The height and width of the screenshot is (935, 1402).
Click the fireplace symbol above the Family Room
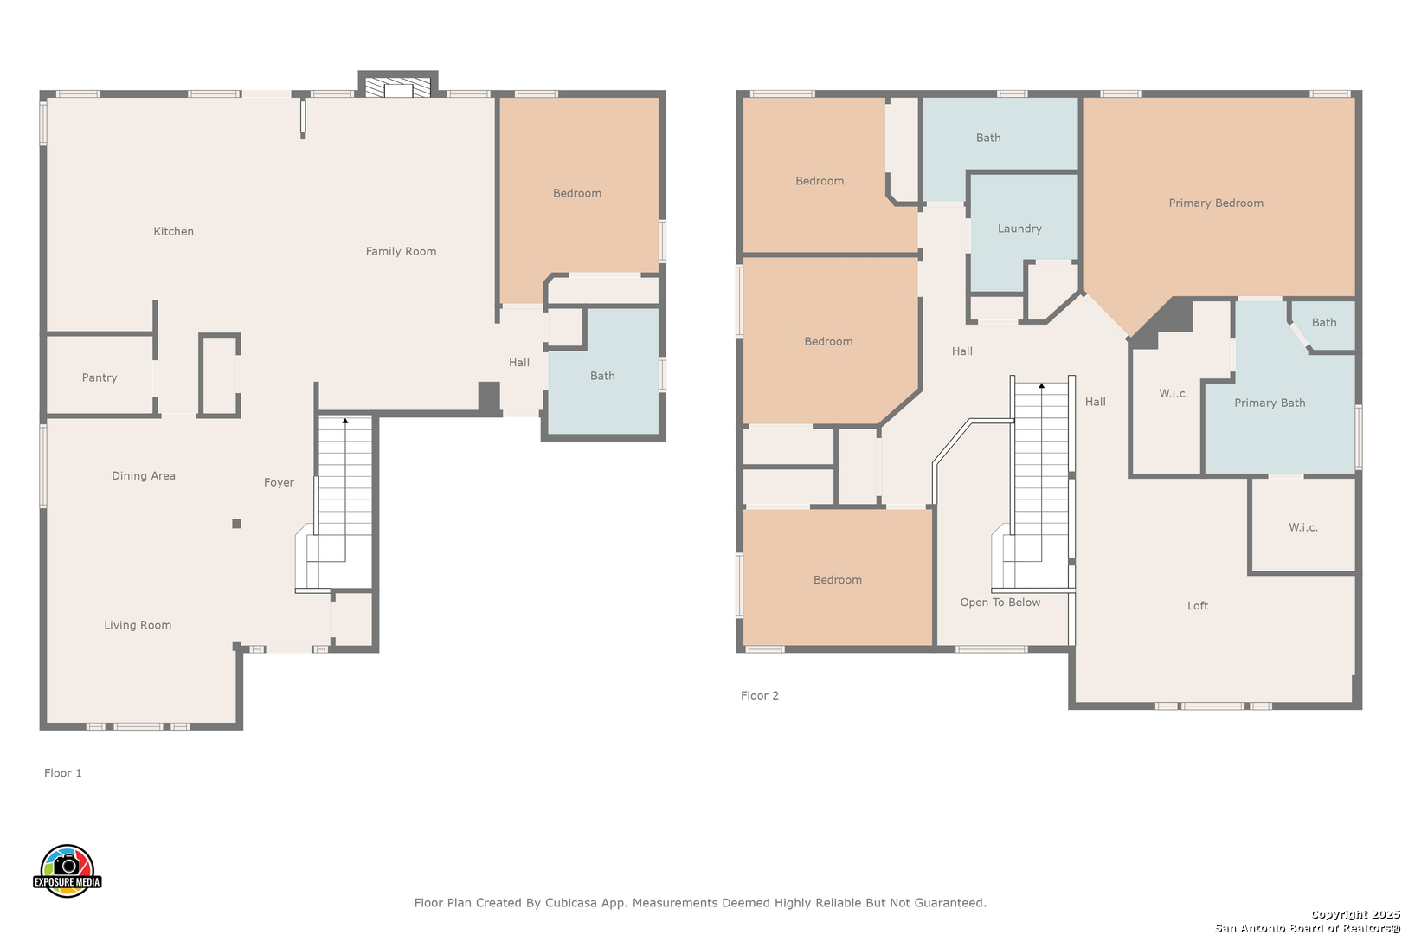point(398,87)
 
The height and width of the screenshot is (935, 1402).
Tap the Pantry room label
point(100,377)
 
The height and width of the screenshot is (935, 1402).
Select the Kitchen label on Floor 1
point(173,231)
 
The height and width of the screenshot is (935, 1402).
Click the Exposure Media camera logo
point(67,870)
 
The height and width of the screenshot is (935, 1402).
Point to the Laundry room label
point(1019,229)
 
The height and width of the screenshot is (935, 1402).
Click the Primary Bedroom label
point(1216,203)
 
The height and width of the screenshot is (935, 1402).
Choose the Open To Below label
point(1000,603)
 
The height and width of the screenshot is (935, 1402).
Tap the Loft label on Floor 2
point(1198,606)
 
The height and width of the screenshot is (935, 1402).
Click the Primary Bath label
point(1270,403)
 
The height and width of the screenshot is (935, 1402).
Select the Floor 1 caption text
point(62,773)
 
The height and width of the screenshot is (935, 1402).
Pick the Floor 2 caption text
point(760,695)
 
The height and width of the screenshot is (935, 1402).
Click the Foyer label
point(279,482)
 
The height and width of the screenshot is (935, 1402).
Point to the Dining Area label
point(144,475)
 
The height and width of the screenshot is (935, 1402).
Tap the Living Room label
point(138,625)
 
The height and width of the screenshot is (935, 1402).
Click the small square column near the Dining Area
point(236,524)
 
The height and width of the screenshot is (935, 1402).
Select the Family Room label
point(402,251)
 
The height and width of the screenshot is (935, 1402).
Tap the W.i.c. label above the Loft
point(1303,527)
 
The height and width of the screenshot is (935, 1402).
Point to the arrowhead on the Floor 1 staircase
point(344,421)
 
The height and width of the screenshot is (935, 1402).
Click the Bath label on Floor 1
point(602,376)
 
